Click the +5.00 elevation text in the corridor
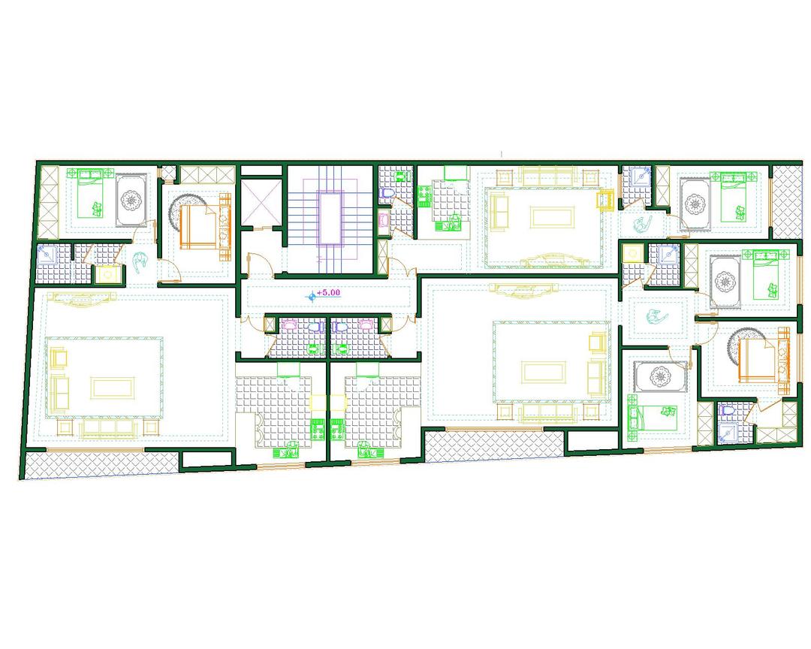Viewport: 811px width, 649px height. coord(328,292)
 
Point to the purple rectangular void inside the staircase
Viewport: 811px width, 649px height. coord(330,217)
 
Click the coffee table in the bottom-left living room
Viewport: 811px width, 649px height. coord(112,387)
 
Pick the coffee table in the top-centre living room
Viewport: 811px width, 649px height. coord(552,216)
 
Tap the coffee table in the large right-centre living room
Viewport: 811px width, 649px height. coord(543,372)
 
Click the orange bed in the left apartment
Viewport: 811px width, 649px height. coord(197,225)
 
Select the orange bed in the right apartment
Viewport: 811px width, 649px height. coord(758,358)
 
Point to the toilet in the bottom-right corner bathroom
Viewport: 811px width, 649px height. coord(726,410)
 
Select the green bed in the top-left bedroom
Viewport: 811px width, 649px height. coord(91,193)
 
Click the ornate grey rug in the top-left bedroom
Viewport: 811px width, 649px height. coord(131,200)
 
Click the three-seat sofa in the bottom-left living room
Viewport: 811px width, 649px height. coord(109,427)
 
